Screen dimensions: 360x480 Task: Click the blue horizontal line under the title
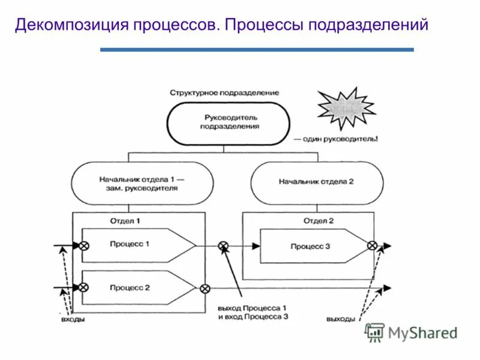click(257, 50)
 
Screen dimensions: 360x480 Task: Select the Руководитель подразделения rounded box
click(228, 122)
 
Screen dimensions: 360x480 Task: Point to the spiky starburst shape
click(346, 109)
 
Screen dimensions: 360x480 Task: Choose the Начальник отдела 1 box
click(142, 183)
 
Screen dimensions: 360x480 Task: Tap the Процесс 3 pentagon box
click(312, 245)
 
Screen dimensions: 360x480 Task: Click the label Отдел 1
click(125, 220)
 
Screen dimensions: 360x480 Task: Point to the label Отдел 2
click(318, 220)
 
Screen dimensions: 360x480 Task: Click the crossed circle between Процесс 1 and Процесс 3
click(223, 245)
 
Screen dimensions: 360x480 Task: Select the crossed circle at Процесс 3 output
click(372, 245)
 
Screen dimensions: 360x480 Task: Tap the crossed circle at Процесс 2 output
click(205, 288)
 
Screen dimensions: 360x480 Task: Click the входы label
click(73, 320)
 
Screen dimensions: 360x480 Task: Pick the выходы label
click(341, 319)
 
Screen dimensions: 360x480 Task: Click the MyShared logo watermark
click(412, 332)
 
